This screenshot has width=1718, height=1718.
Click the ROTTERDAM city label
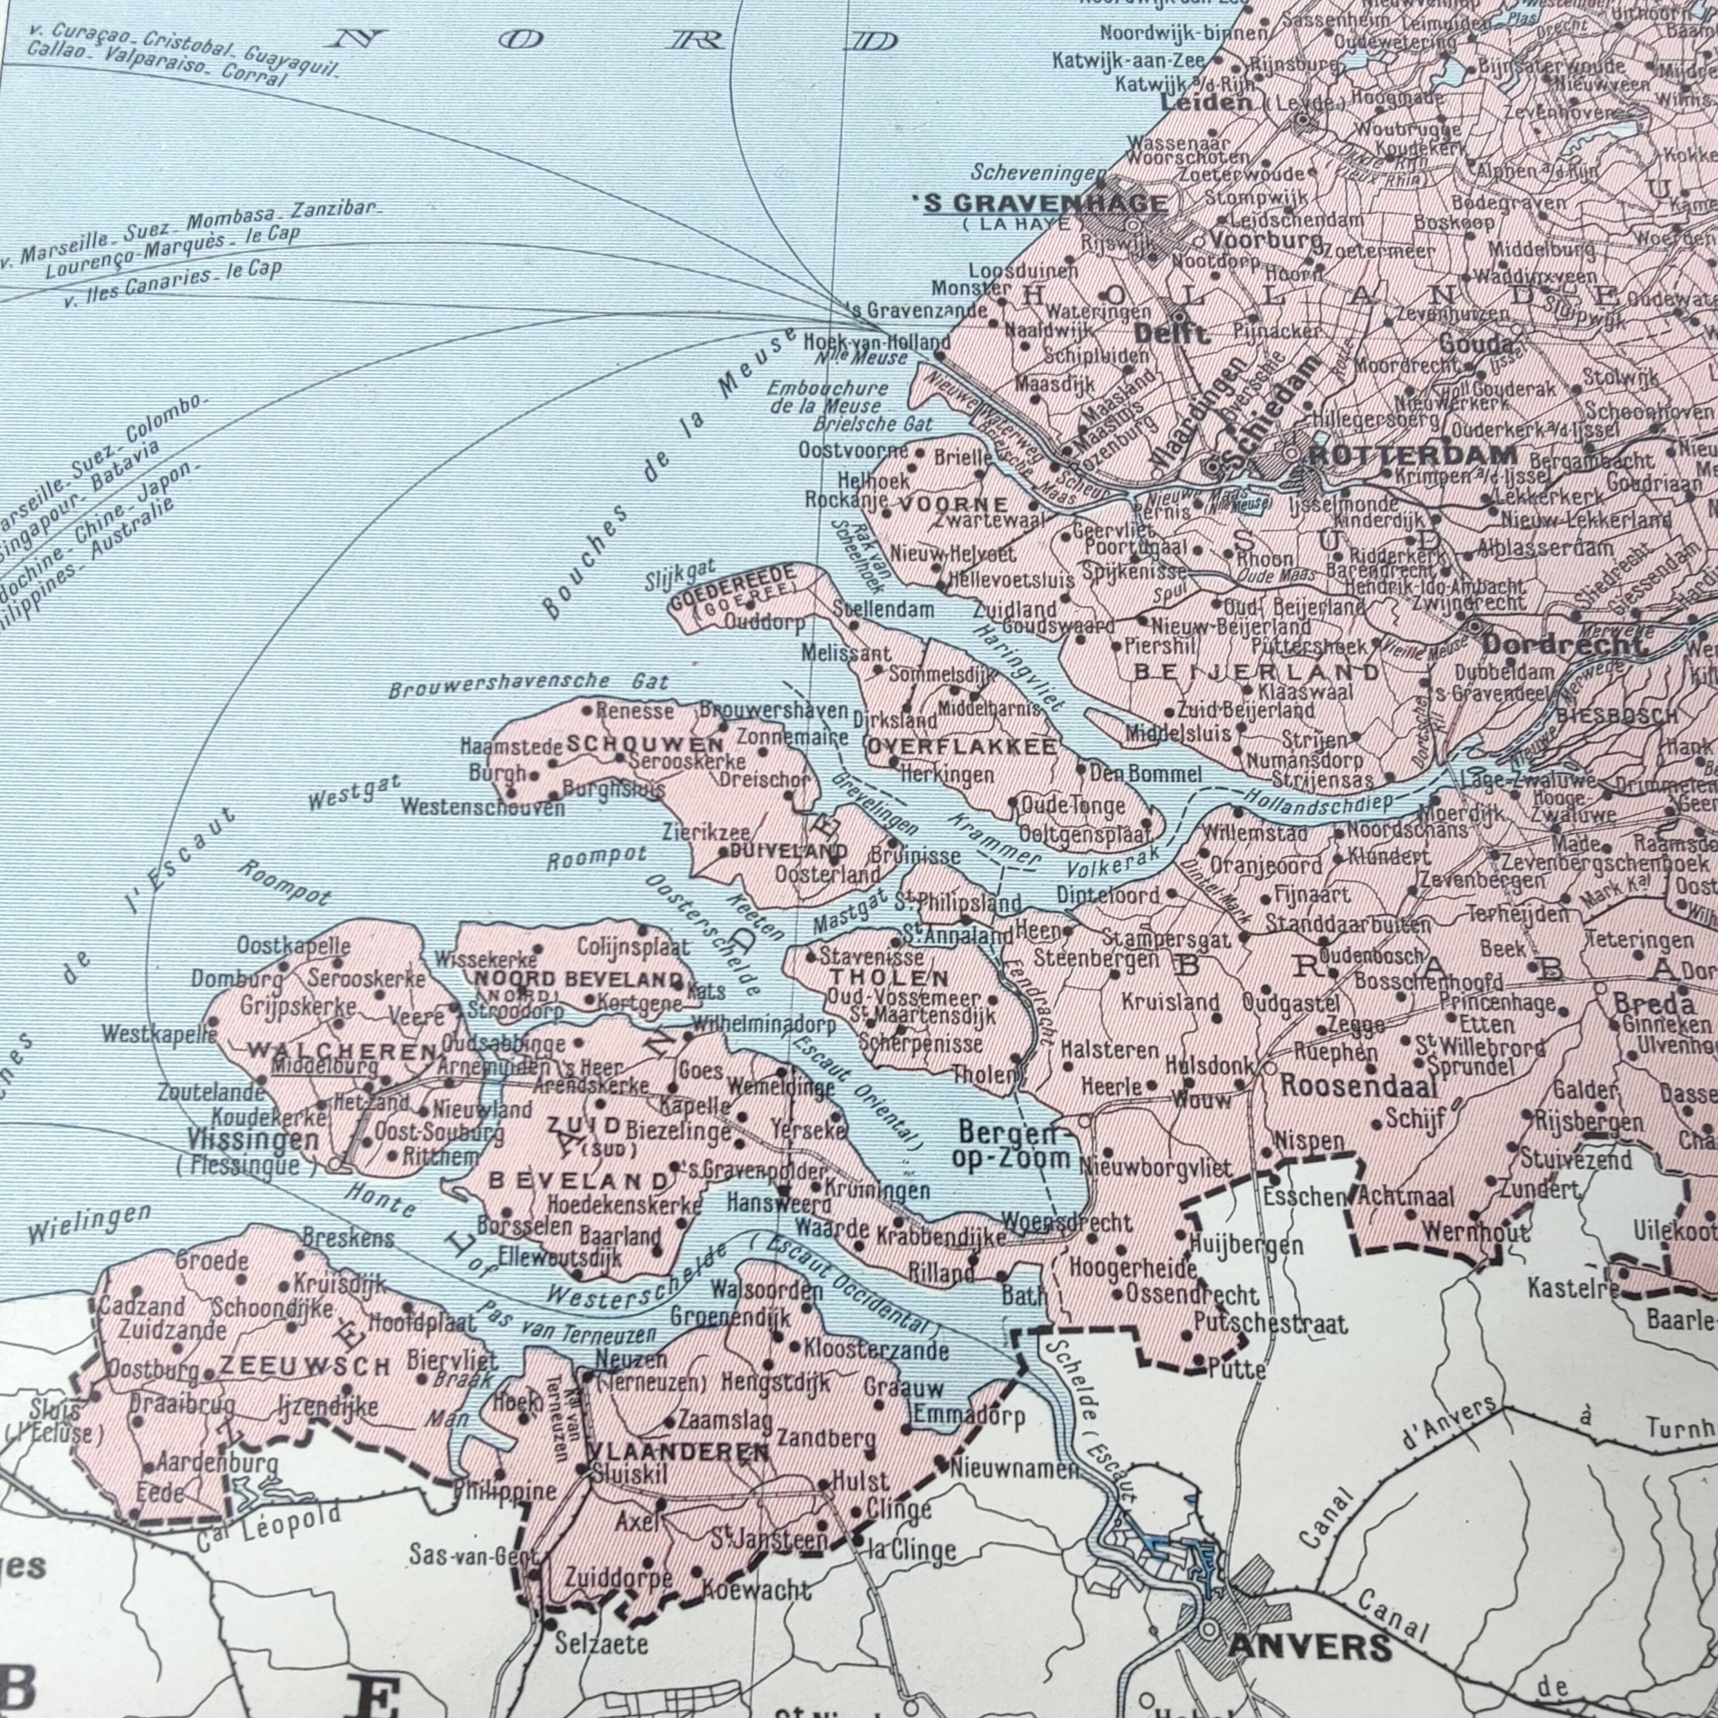1414,455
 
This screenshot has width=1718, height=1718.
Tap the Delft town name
1171,334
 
